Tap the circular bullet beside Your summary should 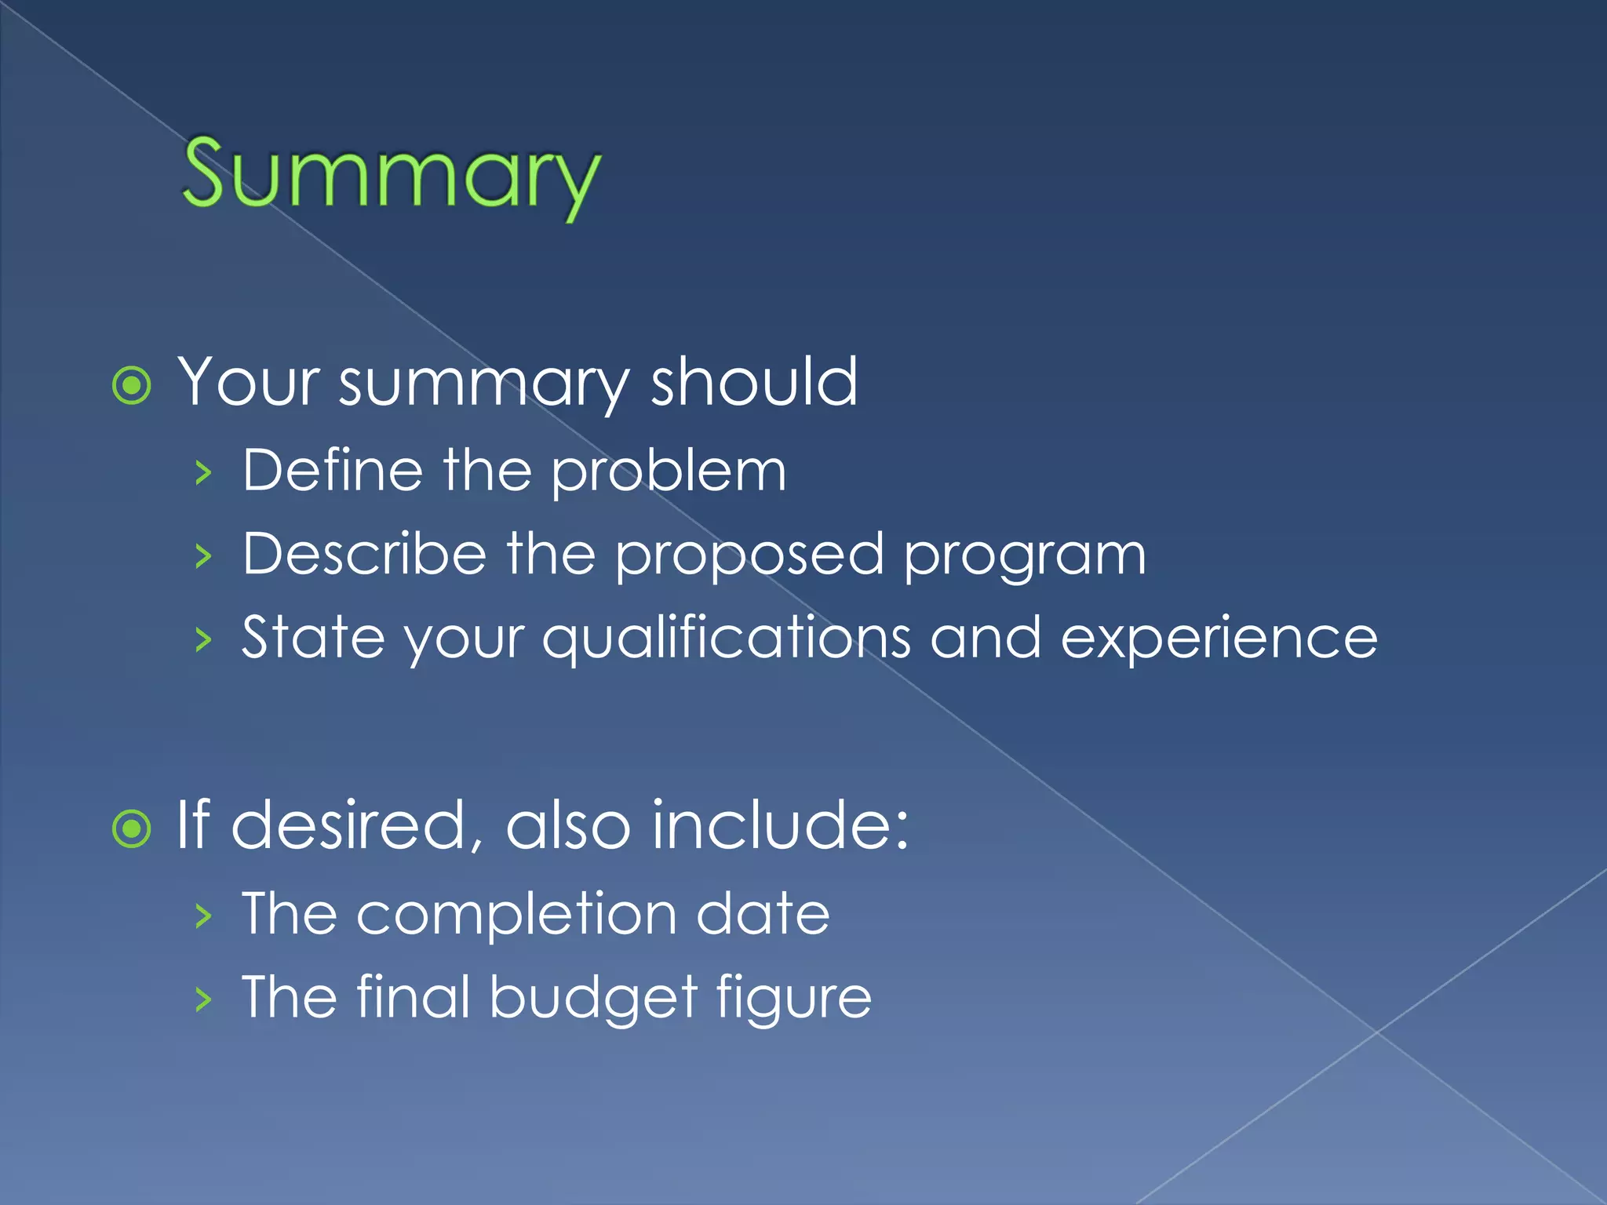tap(132, 385)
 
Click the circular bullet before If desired tap(132, 828)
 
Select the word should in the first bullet tap(754, 382)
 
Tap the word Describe tap(364, 554)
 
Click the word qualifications tap(726, 639)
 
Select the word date tap(763, 914)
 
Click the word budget tap(593, 999)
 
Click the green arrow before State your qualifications tap(204, 639)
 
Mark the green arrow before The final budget tap(204, 999)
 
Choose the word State tap(313, 637)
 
